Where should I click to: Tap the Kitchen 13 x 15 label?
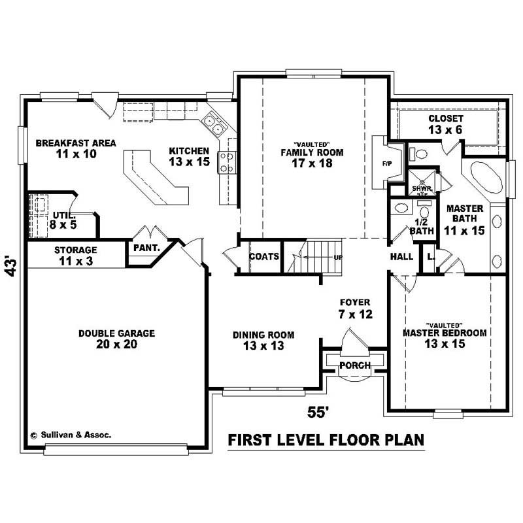coord(189,156)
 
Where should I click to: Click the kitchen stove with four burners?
coord(227,161)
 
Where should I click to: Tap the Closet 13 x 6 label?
coord(446,124)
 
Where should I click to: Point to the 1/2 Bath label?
coord(422,226)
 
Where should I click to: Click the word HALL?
coord(401,257)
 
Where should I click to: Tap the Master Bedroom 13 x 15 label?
coord(445,337)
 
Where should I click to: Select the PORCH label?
coord(354,365)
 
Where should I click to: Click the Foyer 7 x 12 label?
coord(355,309)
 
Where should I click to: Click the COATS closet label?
coord(264,257)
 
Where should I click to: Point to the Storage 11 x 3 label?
coord(75,256)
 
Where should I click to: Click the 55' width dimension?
coord(318,412)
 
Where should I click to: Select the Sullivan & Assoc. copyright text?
coord(71,433)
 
